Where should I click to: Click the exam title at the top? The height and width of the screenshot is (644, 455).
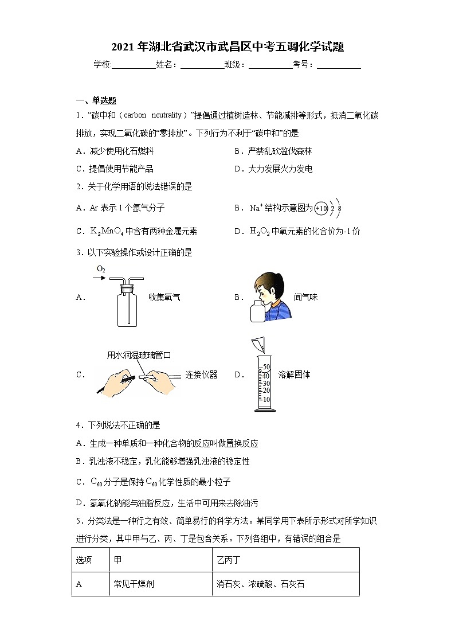227,47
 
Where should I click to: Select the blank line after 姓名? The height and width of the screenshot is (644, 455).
202,65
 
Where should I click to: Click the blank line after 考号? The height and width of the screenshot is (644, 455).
339,65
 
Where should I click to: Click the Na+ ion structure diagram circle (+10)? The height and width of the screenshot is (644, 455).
321,209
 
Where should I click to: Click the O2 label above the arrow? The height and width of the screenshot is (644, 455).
101,268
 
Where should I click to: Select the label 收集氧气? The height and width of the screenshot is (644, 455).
165,297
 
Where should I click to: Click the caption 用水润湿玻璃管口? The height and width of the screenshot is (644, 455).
139,356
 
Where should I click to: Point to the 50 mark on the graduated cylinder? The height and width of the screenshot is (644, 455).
266,368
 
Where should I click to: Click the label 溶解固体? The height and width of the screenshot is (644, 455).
295,374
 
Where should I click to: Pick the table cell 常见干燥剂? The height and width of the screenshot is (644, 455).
134,584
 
